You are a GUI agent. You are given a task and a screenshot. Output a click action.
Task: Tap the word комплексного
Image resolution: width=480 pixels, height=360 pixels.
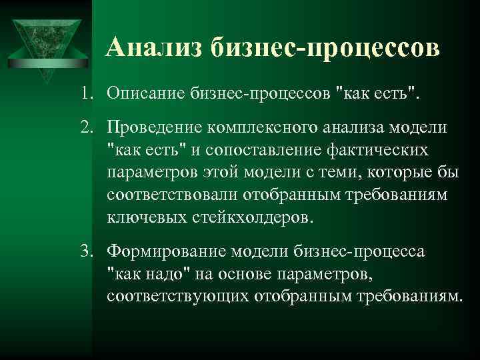click(260, 127)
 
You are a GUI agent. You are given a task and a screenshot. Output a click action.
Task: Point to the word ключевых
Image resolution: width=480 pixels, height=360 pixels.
click(137, 218)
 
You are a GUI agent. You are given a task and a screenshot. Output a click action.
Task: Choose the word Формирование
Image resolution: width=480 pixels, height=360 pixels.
click(164, 251)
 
